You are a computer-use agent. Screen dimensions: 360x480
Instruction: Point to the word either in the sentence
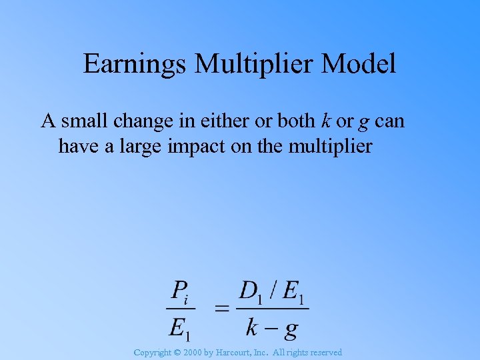pyautogui.click(x=206, y=121)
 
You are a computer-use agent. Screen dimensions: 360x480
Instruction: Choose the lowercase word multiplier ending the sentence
pyautogui.click(x=330, y=146)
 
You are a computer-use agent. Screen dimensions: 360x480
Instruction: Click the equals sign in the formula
pyautogui.click(x=222, y=309)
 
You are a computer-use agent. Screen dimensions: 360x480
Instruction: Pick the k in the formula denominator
pyautogui.click(x=253, y=327)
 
